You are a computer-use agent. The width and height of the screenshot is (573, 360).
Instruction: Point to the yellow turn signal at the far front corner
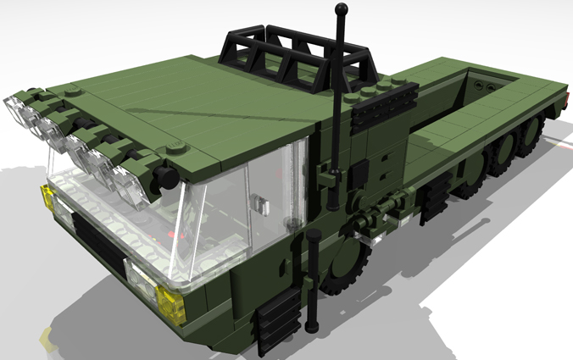[47, 200]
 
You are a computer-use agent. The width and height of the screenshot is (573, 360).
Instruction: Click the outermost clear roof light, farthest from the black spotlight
[19, 109]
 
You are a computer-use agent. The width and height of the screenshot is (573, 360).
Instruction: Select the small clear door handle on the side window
[262, 205]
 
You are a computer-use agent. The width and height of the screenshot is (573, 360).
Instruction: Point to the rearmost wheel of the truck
[531, 136]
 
